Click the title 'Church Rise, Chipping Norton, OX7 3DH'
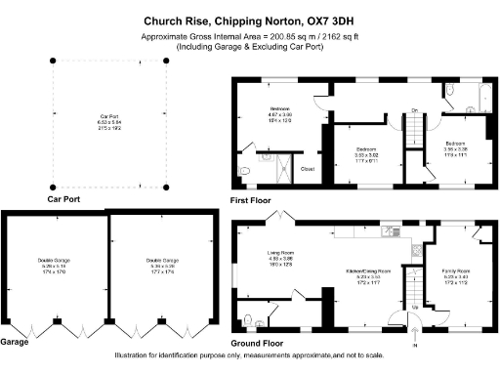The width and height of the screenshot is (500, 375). pos(249,20)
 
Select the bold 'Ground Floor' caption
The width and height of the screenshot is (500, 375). pos(258,344)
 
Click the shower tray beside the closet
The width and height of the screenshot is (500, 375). pos(281,167)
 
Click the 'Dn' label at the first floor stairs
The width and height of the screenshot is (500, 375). pos(414,110)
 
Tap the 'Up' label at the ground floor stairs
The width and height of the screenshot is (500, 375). pos(419,307)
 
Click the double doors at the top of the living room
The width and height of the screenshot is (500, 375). pos(281,218)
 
